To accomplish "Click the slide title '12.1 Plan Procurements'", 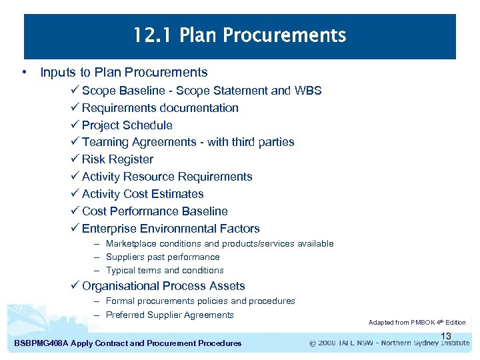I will [x=239, y=35].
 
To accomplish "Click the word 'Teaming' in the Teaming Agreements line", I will [x=105, y=142].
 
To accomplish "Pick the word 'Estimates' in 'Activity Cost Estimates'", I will [x=178, y=194].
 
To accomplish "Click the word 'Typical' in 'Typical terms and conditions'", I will [x=121, y=271].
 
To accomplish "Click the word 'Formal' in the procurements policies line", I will [x=120, y=301].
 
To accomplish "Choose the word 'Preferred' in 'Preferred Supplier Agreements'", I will [x=125, y=315].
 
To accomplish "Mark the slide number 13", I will [x=446, y=336].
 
